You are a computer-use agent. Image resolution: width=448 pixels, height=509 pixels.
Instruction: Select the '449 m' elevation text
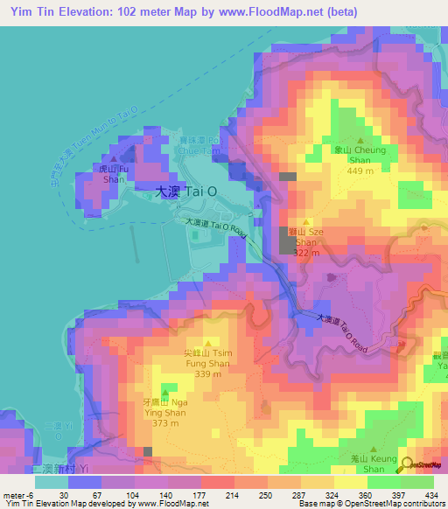(360, 171)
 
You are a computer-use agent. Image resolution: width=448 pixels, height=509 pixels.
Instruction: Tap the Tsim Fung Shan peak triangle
(207, 342)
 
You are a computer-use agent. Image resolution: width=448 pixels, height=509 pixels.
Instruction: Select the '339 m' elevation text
(206, 373)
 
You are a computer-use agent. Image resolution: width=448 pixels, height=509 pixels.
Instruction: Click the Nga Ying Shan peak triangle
(164, 390)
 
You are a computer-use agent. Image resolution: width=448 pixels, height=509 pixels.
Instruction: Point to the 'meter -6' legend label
(17, 494)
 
